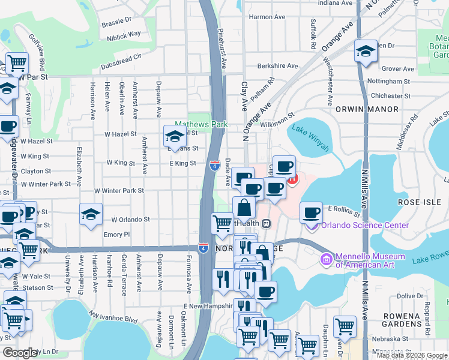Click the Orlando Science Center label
tap(365, 225)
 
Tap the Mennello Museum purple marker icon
tap(327, 259)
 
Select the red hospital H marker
tap(292, 178)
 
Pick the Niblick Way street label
tap(125, 34)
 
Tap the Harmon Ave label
tap(267, 17)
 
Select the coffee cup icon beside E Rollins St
tap(311, 213)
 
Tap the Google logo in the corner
tap(20, 353)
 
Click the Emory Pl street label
tap(116, 235)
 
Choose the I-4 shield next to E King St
tap(214, 165)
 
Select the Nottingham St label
tap(388, 81)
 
